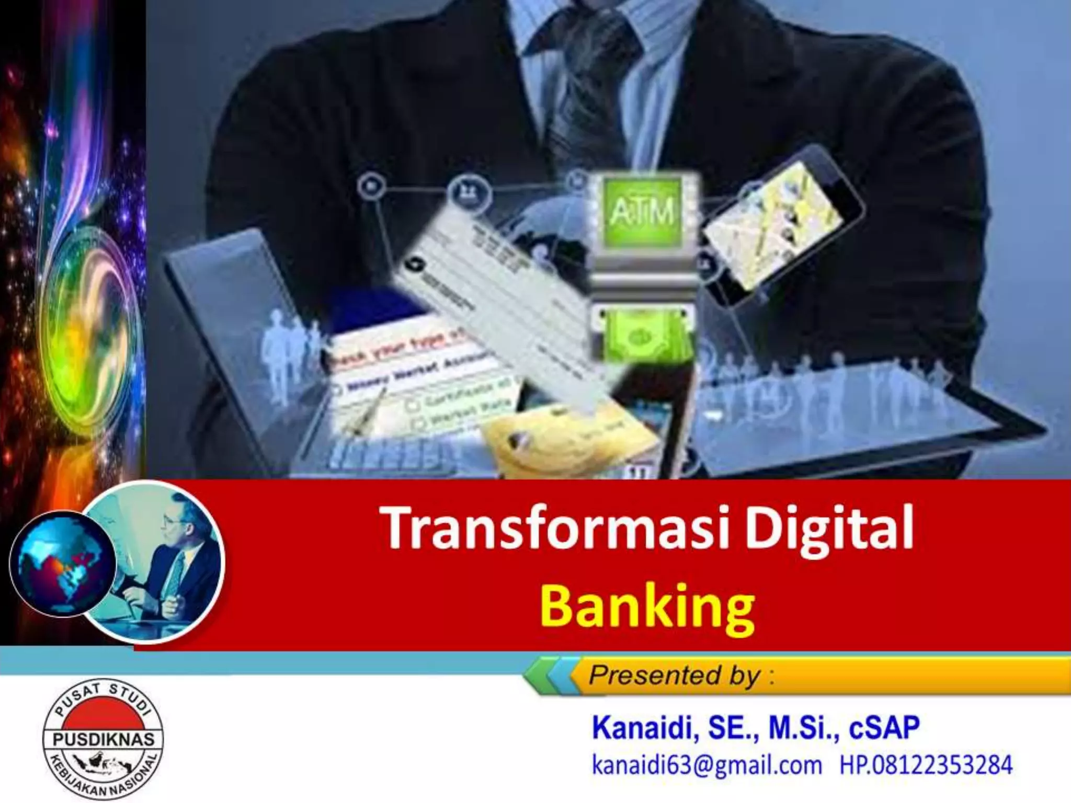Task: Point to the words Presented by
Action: [x=675, y=675]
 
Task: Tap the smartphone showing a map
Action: [x=779, y=220]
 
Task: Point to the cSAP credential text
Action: [x=884, y=728]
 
